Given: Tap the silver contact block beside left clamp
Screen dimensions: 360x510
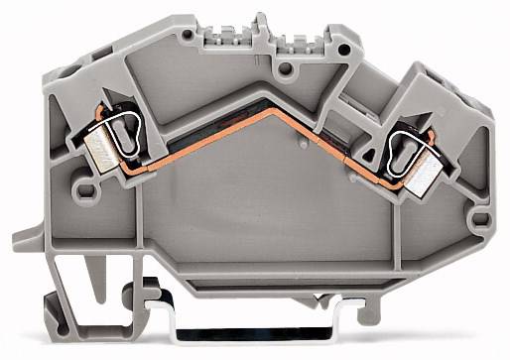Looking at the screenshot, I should coord(100,150).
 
